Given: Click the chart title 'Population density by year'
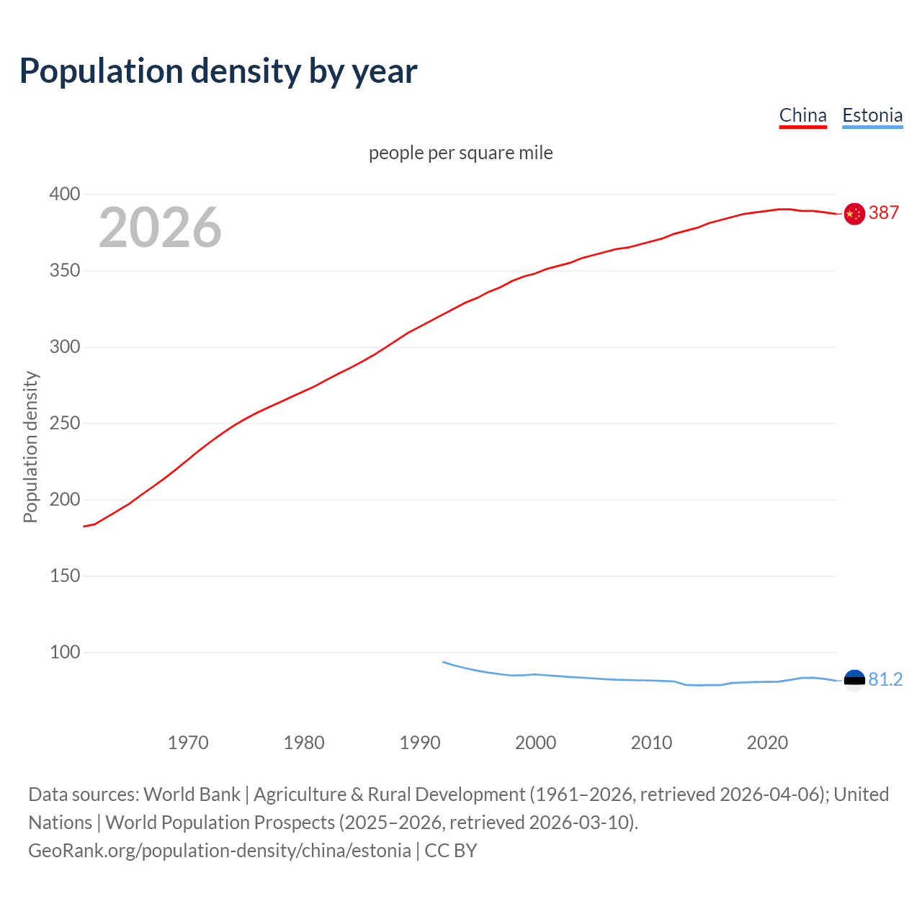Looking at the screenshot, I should (x=218, y=71).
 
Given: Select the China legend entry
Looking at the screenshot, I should (x=802, y=115).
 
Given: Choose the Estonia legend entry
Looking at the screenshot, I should (x=872, y=115).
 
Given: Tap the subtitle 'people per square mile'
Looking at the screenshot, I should (x=461, y=153).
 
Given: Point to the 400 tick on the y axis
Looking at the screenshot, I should (x=65, y=194).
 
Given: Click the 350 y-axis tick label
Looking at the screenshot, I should (x=65, y=271).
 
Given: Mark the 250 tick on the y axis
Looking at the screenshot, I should (x=65, y=424).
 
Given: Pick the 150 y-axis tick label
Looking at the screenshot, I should (x=65, y=576).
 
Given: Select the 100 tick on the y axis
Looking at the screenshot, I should (x=65, y=653).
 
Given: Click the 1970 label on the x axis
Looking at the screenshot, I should (x=188, y=743).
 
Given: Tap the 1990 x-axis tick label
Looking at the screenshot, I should (x=420, y=743).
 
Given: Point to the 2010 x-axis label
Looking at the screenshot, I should (x=651, y=743).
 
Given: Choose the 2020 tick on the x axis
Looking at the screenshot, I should (x=767, y=743).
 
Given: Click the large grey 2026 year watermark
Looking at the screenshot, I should (x=160, y=228).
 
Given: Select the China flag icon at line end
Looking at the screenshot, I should (x=854, y=214).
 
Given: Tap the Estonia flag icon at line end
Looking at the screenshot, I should (x=854, y=680).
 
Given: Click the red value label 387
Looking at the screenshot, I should (x=884, y=213).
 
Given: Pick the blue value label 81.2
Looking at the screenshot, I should (x=885, y=680).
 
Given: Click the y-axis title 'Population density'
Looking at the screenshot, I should (x=30, y=447).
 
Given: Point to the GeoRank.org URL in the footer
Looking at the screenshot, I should (x=220, y=851).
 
